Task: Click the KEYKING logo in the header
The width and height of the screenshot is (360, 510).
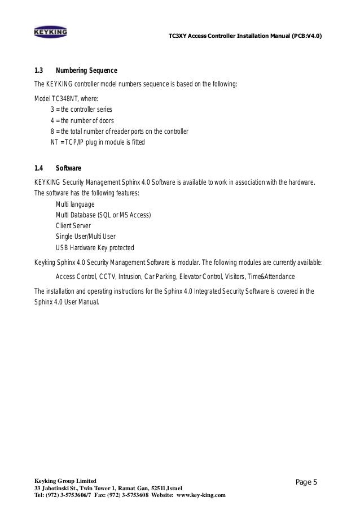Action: (x=51, y=32)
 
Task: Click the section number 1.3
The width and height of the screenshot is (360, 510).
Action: (x=39, y=71)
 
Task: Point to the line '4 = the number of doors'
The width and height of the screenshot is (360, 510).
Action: (x=82, y=120)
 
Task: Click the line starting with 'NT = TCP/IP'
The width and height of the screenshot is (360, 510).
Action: (x=98, y=143)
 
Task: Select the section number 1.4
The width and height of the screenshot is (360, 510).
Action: (x=39, y=168)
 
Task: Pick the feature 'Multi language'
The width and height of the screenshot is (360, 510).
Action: (x=75, y=204)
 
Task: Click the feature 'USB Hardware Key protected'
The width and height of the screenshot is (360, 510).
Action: (x=95, y=248)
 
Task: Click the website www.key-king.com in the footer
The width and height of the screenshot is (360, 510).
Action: (x=201, y=495)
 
